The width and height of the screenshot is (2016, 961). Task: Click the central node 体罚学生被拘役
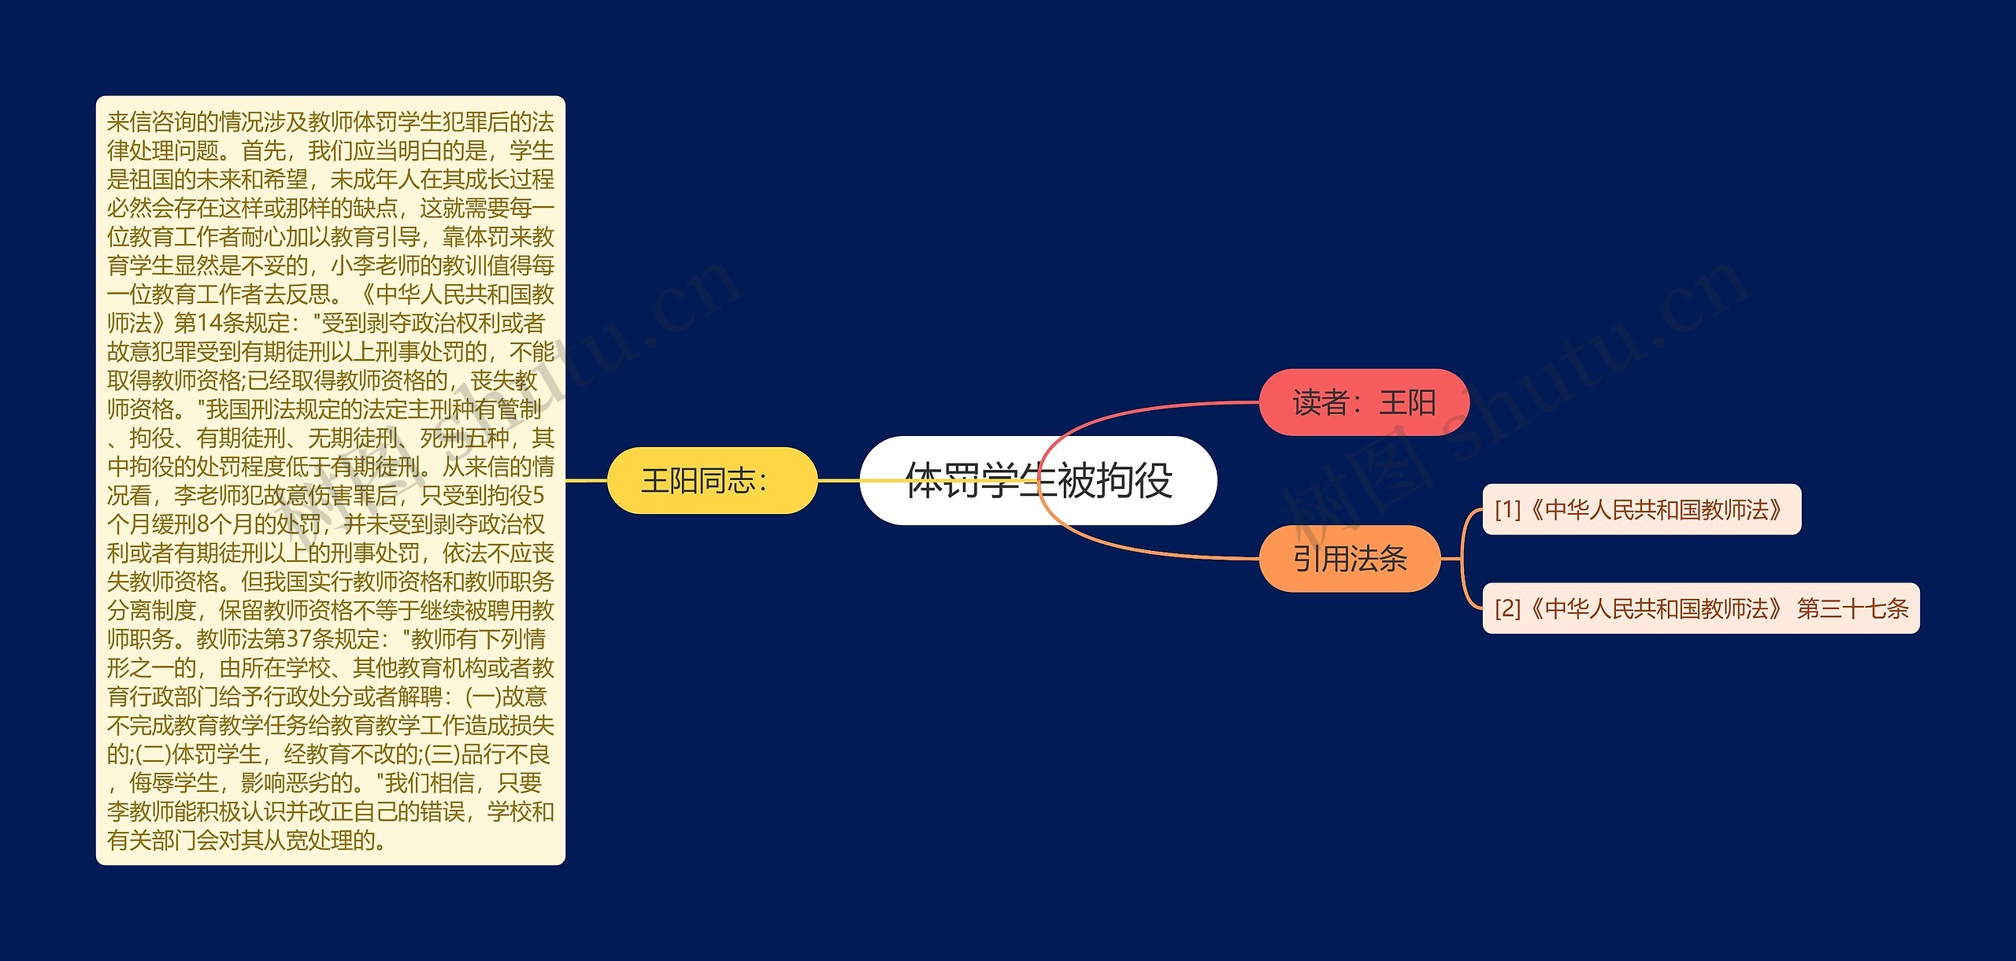click(1038, 480)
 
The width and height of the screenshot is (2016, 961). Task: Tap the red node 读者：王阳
click(1364, 402)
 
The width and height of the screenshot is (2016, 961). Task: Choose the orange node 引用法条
click(1350, 559)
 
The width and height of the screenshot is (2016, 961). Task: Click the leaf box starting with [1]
click(1641, 510)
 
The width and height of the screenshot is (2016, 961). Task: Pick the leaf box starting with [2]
click(1701, 608)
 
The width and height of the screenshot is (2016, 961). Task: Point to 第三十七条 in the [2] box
click(1852, 608)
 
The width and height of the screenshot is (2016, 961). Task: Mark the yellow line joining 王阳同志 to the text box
click(587, 480)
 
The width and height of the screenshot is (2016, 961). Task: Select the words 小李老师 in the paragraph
click(375, 266)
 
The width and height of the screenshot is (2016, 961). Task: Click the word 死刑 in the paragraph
click(442, 438)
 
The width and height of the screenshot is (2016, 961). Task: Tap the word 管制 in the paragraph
click(519, 409)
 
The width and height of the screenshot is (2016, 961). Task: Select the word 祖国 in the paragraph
click(152, 179)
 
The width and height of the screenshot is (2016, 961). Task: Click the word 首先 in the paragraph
click(264, 151)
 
